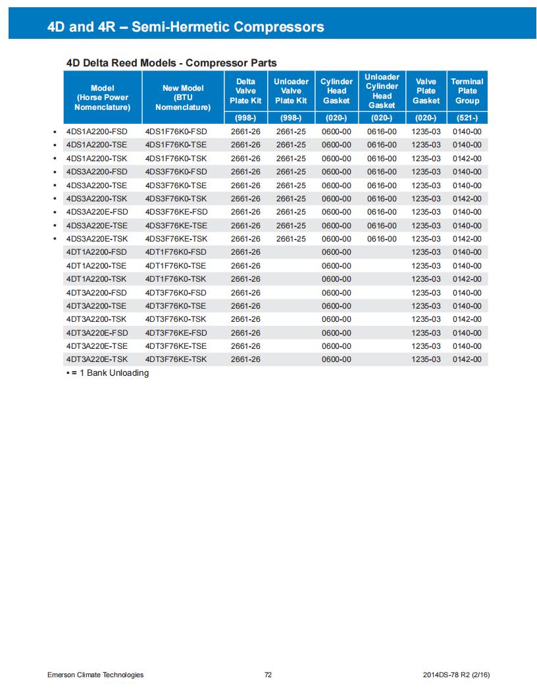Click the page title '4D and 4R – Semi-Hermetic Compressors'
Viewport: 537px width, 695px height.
coord(186,27)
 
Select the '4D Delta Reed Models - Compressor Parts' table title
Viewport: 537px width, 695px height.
coord(171,63)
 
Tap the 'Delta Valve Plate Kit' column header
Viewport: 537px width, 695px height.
coord(245,91)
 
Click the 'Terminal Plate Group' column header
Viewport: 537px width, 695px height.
coord(467,91)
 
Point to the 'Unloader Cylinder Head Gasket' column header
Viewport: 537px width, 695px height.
coord(382,91)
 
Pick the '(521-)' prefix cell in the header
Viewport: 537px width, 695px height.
coord(467,118)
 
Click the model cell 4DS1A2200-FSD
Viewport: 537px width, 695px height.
coord(97,132)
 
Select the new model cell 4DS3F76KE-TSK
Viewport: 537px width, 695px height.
coord(176,239)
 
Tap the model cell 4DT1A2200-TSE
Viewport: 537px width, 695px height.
coord(97,266)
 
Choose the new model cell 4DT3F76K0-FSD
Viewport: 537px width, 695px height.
coord(176,293)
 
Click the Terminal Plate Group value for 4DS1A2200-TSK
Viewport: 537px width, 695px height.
coord(467,159)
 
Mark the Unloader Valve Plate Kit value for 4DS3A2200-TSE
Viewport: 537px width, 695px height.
coord(291,186)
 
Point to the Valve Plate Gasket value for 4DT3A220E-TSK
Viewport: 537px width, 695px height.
coord(426,359)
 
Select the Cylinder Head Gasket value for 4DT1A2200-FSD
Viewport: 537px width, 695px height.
coord(336,252)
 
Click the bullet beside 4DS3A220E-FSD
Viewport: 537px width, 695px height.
coord(55,213)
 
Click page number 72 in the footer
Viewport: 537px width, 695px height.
coord(268,675)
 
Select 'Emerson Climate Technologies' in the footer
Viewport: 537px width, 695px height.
coord(95,675)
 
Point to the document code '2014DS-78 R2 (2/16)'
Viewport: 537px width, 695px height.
coord(457,675)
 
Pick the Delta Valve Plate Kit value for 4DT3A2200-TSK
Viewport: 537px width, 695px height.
coord(245,319)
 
